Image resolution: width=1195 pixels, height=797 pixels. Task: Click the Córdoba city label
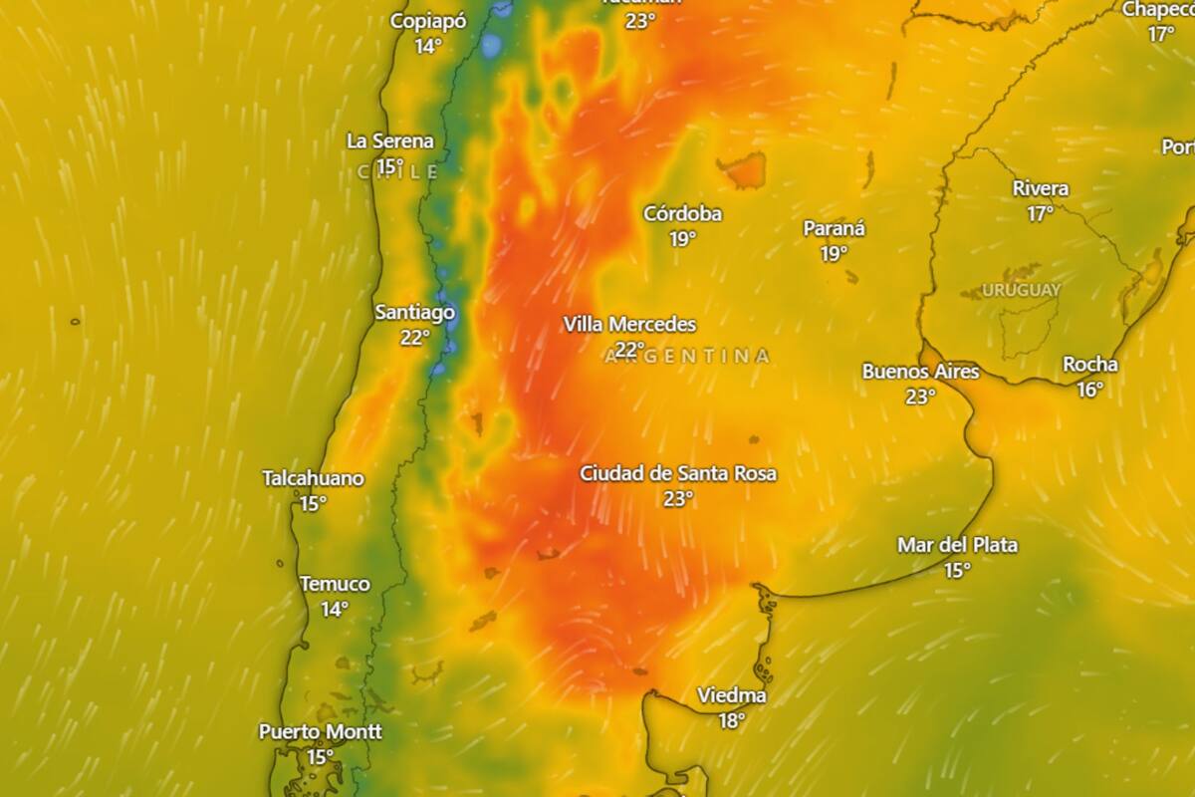pyautogui.click(x=682, y=213)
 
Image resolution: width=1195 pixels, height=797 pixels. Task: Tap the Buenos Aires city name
pyautogui.click(x=920, y=372)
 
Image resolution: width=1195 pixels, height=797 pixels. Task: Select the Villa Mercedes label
pyautogui.click(x=629, y=324)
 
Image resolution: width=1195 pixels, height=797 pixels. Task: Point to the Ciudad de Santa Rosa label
pyautogui.click(x=678, y=473)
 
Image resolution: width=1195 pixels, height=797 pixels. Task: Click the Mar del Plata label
pyautogui.click(x=957, y=545)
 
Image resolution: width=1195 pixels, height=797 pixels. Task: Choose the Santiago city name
pyautogui.click(x=414, y=312)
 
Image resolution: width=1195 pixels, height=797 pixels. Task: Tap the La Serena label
pyautogui.click(x=390, y=140)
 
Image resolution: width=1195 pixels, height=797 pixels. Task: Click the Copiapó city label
pyautogui.click(x=428, y=21)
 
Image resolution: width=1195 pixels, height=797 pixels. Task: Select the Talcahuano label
pyautogui.click(x=313, y=478)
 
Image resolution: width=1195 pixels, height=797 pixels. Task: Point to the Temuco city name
pyautogui.click(x=335, y=584)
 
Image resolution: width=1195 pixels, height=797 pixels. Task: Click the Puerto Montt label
pyautogui.click(x=320, y=731)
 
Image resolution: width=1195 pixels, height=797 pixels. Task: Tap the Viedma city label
pyautogui.click(x=732, y=695)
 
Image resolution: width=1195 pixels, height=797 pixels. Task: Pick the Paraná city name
pyautogui.click(x=835, y=228)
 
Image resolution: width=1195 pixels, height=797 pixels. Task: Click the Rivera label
pyautogui.click(x=1041, y=188)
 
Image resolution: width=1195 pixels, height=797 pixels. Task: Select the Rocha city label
pyautogui.click(x=1090, y=365)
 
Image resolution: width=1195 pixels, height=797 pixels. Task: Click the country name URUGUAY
pyautogui.click(x=1021, y=290)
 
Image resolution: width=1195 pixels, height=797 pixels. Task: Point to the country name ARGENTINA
pyautogui.click(x=688, y=356)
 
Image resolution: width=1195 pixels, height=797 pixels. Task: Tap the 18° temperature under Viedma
pyautogui.click(x=732, y=720)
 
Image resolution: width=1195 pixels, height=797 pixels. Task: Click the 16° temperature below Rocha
pyautogui.click(x=1090, y=390)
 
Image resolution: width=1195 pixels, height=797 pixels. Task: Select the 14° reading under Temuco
pyautogui.click(x=335, y=609)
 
